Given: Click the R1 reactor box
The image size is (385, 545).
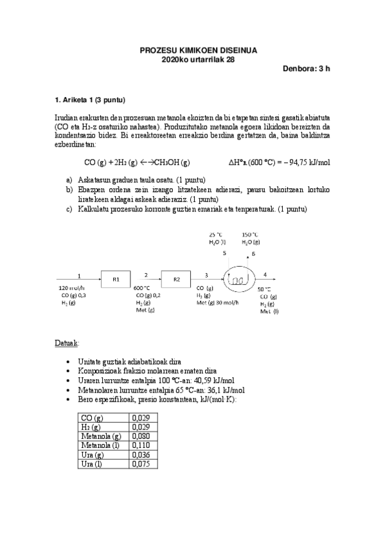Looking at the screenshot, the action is [116, 279].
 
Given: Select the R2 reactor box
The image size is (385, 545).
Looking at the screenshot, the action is [176, 279].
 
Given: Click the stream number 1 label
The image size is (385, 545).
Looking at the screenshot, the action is [78, 274].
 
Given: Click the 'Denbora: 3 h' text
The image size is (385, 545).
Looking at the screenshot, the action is [307, 69].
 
